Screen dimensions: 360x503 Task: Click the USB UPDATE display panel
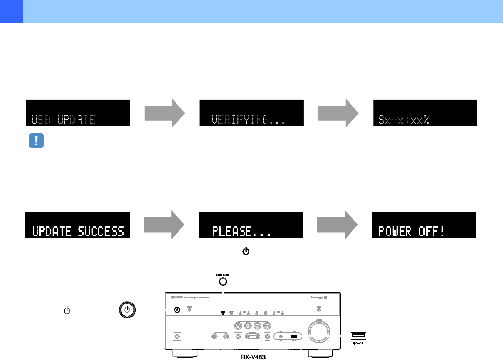pyautogui.click(x=78, y=113)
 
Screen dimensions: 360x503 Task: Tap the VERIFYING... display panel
pyautogui.click(x=251, y=113)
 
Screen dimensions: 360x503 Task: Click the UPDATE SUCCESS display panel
pyautogui.click(x=78, y=225)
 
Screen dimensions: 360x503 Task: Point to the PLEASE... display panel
pyautogui.click(x=251, y=225)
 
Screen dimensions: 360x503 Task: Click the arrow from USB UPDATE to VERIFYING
pyautogui.click(x=164, y=113)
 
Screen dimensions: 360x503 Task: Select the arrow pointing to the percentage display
pyautogui.click(x=337, y=113)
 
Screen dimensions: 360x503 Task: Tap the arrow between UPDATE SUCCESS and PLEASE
pyautogui.click(x=164, y=225)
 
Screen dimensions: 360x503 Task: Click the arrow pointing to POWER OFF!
pyautogui.click(x=337, y=225)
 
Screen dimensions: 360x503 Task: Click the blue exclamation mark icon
pyautogui.click(x=36, y=141)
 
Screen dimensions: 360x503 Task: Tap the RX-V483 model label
pyautogui.click(x=253, y=357)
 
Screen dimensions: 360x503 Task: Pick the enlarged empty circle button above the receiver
pyautogui.click(x=223, y=282)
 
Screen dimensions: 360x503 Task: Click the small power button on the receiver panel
pyautogui.click(x=177, y=310)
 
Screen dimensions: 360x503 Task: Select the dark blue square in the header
pyautogui.click(x=11, y=11)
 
